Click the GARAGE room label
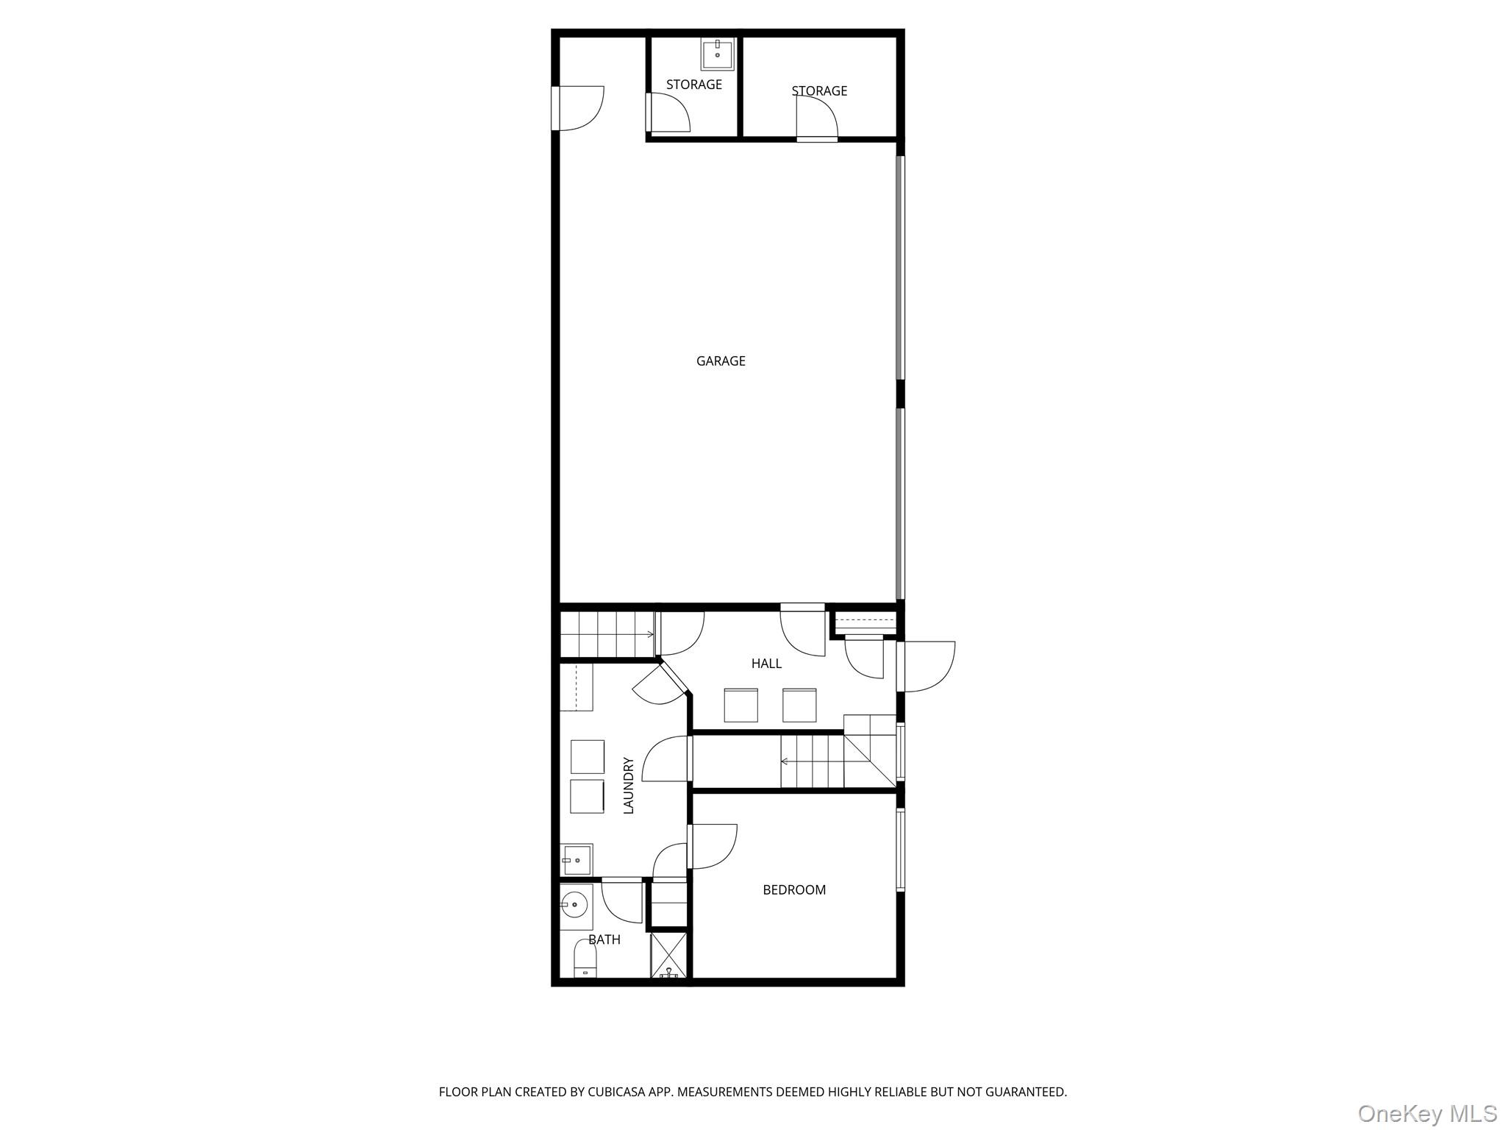pyautogui.click(x=721, y=360)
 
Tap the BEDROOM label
pyautogui.click(x=794, y=889)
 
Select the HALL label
pyautogui.click(x=766, y=664)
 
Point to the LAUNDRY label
pyautogui.click(x=629, y=786)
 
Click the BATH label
pyautogui.click(x=604, y=939)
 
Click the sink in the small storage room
pyautogui.click(x=717, y=53)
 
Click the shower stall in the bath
pyautogui.click(x=668, y=955)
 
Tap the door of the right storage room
pyautogui.click(x=817, y=118)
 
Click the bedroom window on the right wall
pyautogui.click(x=900, y=850)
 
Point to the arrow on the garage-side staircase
pyautogui.click(x=650, y=634)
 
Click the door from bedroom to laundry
pyautogui.click(x=711, y=846)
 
